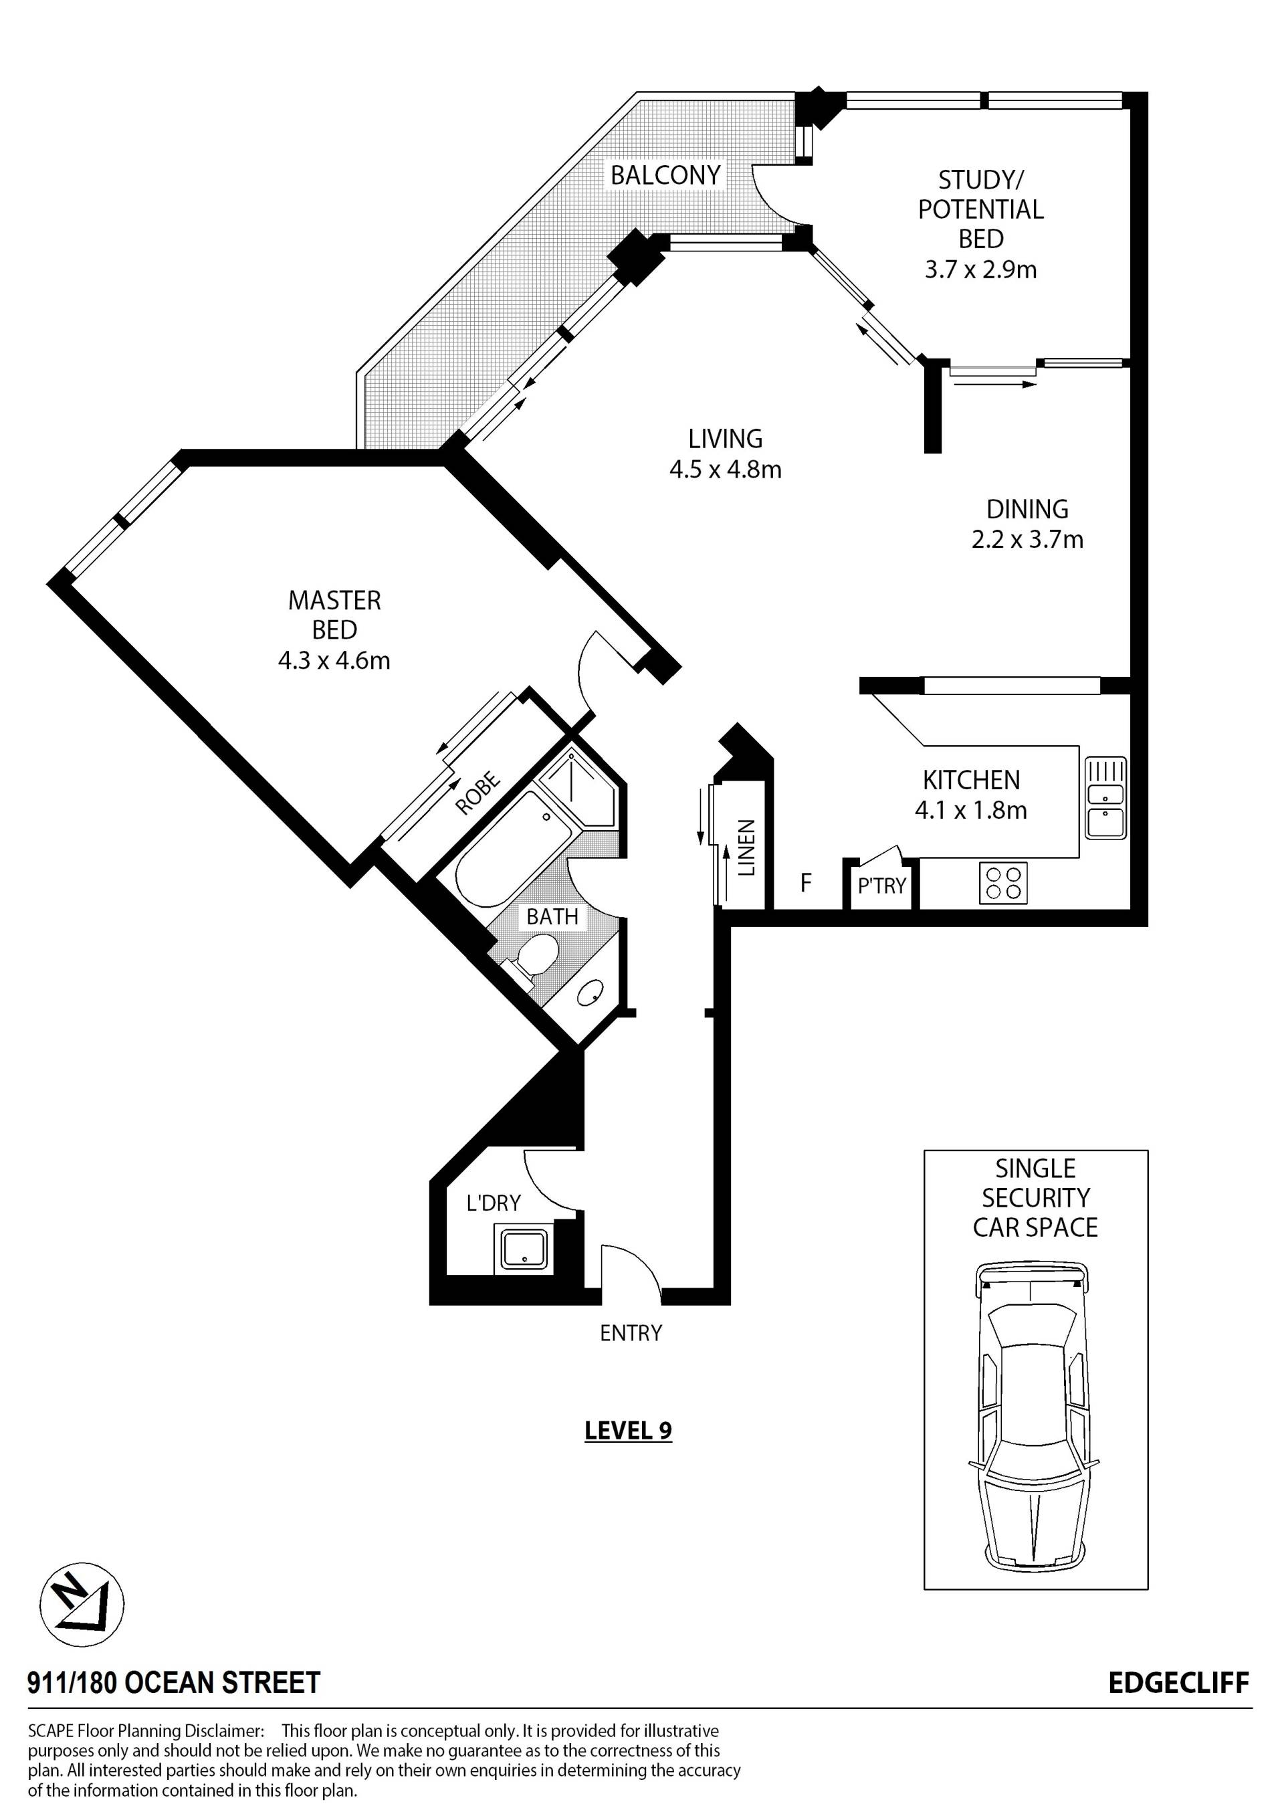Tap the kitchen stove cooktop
(1003, 883)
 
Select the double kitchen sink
(1106, 798)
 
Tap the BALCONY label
(665, 175)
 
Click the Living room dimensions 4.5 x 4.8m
(725, 469)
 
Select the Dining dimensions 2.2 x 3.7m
(1027, 539)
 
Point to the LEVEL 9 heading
(629, 1430)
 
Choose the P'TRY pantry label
(881, 885)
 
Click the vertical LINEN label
(747, 848)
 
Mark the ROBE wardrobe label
(478, 793)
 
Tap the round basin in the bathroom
(591, 993)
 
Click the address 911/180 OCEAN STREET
(174, 1683)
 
